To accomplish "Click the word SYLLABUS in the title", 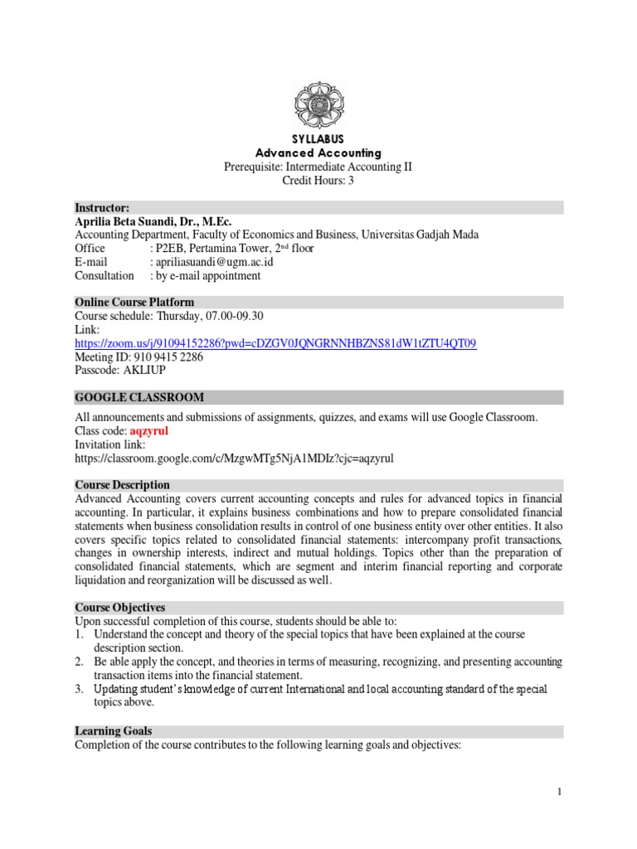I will pyautogui.click(x=318, y=138).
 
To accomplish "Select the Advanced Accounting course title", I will pyautogui.click(x=318, y=153).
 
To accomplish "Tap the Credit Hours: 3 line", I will pyautogui.click(x=318, y=180).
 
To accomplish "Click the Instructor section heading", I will pyautogui.click(x=102, y=207).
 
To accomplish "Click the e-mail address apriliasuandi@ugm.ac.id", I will pyautogui.click(x=212, y=261).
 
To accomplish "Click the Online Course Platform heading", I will pyautogui.click(x=134, y=302).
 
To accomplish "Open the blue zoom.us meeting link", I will pyautogui.click(x=275, y=342).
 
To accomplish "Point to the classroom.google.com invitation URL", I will pyautogui.click(x=234, y=458).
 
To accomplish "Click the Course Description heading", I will pyautogui.click(x=122, y=485).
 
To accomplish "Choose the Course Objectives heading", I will pyautogui.click(x=119, y=608).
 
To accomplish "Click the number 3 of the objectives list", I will pyautogui.click(x=80, y=689).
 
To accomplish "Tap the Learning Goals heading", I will pyautogui.click(x=113, y=730).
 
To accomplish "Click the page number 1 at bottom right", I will pyautogui.click(x=560, y=792).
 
